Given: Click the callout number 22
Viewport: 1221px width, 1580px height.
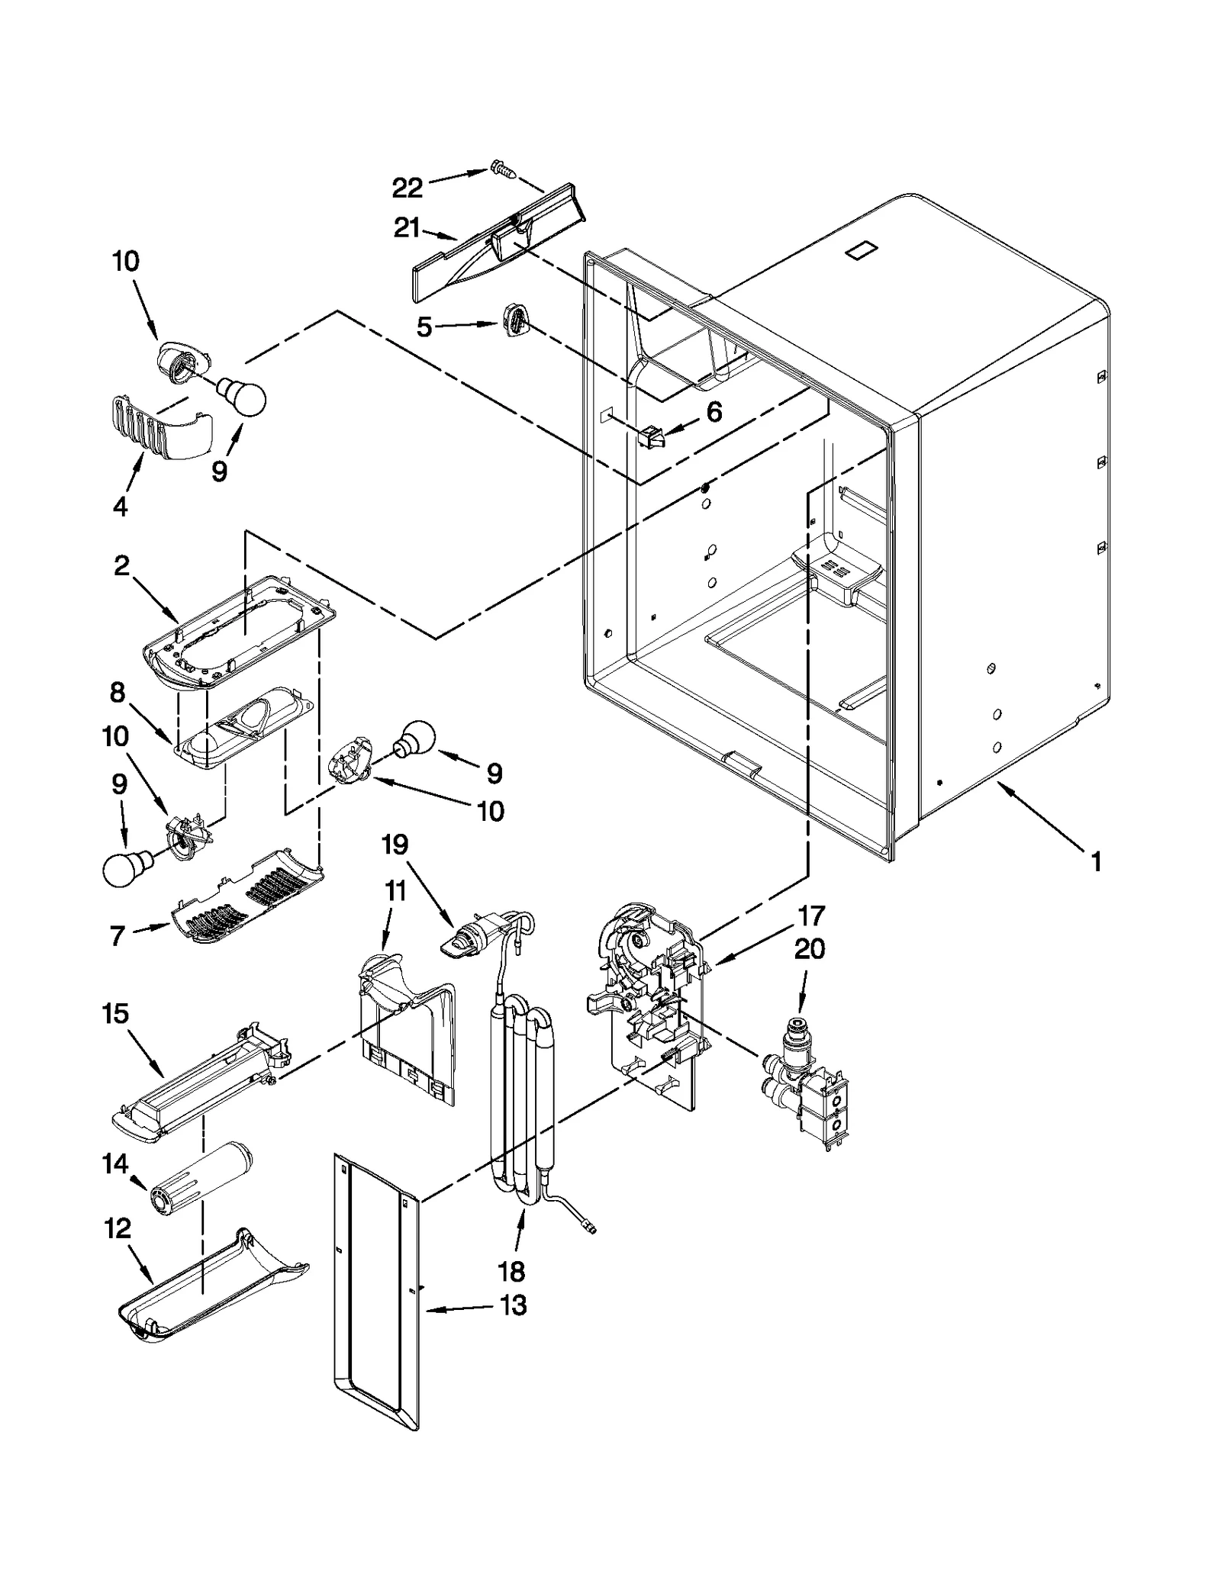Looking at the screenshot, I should (407, 188).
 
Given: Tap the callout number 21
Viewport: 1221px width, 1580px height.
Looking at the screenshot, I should (407, 228).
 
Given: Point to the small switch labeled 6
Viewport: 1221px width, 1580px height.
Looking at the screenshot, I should (649, 438).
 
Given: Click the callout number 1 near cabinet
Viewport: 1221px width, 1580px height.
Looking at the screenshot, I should (1096, 863).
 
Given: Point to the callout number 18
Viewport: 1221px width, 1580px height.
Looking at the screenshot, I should (511, 1271).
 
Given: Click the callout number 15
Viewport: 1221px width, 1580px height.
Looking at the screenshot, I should (116, 1014).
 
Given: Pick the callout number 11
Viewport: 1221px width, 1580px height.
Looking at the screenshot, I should (395, 891).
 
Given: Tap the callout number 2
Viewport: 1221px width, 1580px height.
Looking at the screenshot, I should (121, 566).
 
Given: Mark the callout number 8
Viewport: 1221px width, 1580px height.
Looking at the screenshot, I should (117, 692).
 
